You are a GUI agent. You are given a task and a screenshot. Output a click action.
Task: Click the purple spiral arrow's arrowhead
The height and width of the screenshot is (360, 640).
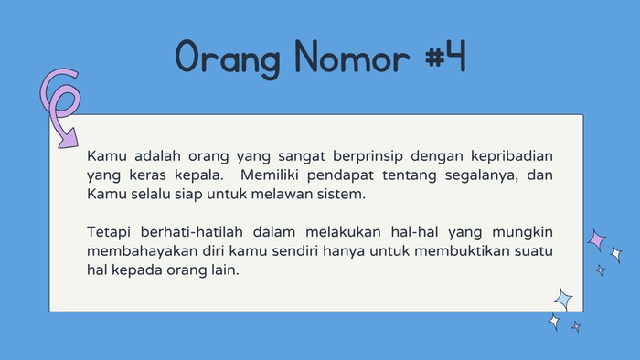coord(66,139)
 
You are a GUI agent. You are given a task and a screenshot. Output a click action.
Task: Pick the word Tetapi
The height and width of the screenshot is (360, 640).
coord(111,231)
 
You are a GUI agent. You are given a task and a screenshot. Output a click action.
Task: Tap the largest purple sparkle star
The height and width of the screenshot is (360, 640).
coord(597,240)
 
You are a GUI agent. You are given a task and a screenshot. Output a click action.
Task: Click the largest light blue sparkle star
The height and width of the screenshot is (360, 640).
coord(564,299)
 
